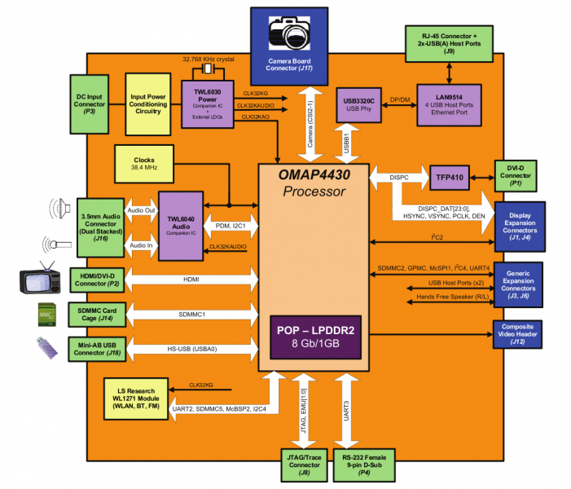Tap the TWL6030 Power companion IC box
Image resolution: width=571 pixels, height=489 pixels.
tap(209, 102)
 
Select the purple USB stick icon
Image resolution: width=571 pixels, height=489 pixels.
tap(48, 347)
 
